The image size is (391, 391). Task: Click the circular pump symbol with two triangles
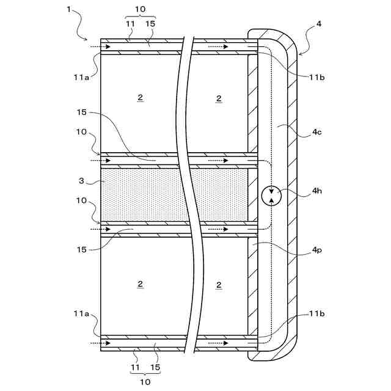pyautogui.click(x=270, y=195)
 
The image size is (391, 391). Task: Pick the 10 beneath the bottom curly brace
pyautogui.click(x=145, y=382)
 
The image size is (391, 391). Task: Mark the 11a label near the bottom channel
pyautogui.click(x=81, y=313)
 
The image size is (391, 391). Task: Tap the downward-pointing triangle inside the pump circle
pyautogui.click(x=270, y=191)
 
